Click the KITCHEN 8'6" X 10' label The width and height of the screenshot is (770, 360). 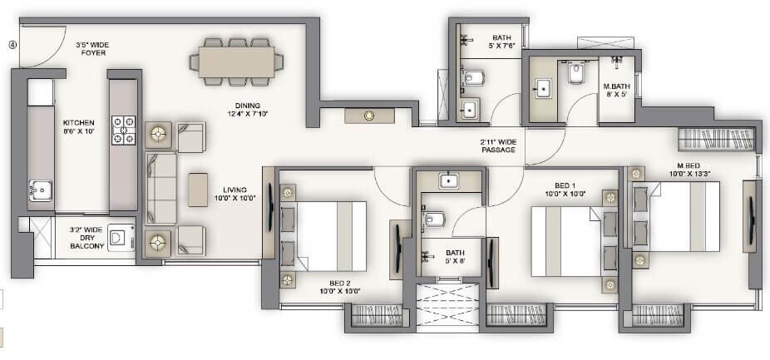click(x=79, y=126)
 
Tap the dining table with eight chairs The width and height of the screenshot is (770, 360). click(x=236, y=61)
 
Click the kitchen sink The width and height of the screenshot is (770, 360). click(x=40, y=192)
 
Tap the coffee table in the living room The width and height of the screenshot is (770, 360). click(x=197, y=189)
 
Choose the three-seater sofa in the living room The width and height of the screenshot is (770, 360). click(x=161, y=189)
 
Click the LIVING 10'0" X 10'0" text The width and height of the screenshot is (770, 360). click(x=234, y=193)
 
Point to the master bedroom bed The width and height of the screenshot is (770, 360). click(x=678, y=216)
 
